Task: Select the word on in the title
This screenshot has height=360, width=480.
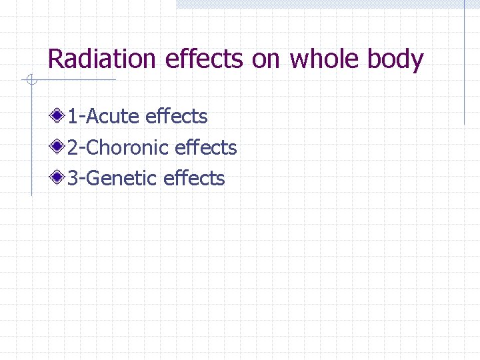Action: click(x=267, y=60)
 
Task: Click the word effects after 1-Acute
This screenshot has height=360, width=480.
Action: click(x=176, y=117)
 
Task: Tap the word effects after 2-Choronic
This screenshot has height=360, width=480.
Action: click(x=205, y=147)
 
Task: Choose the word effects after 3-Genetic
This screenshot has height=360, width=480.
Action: click(x=194, y=178)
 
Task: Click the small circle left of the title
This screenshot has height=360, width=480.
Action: click(x=30, y=81)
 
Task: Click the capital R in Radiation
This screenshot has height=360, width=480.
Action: click(x=55, y=60)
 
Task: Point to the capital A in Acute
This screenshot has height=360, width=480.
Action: click(x=93, y=117)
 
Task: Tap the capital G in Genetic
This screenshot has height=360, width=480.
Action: click(x=94, y=178)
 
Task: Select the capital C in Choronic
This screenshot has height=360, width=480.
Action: click(x=94, y=147)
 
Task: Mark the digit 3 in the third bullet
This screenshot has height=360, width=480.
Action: click(x=72, y=178)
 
